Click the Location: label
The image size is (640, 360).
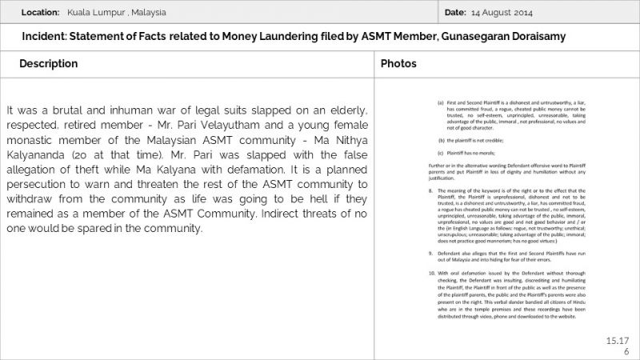point(39,13)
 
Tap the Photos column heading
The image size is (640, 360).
point(398,63)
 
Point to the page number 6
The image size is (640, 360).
point(626,351)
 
